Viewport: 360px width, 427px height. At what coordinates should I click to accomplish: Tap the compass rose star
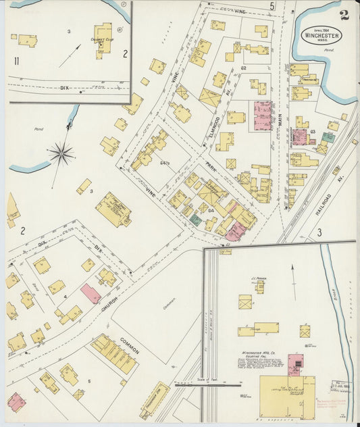tap(61, 154)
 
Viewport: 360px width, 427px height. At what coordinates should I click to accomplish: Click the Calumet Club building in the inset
tap(103, 40)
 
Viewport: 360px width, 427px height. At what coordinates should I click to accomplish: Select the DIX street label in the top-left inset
tap(65, 87)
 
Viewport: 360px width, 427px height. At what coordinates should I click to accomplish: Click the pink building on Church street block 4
tap(91, 293)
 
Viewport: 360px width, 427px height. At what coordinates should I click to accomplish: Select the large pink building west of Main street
tap(262, 116)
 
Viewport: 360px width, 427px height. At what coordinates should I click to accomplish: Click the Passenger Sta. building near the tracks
tap(155, 400)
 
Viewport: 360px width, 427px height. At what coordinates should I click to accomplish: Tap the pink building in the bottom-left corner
tap(16, 402)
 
